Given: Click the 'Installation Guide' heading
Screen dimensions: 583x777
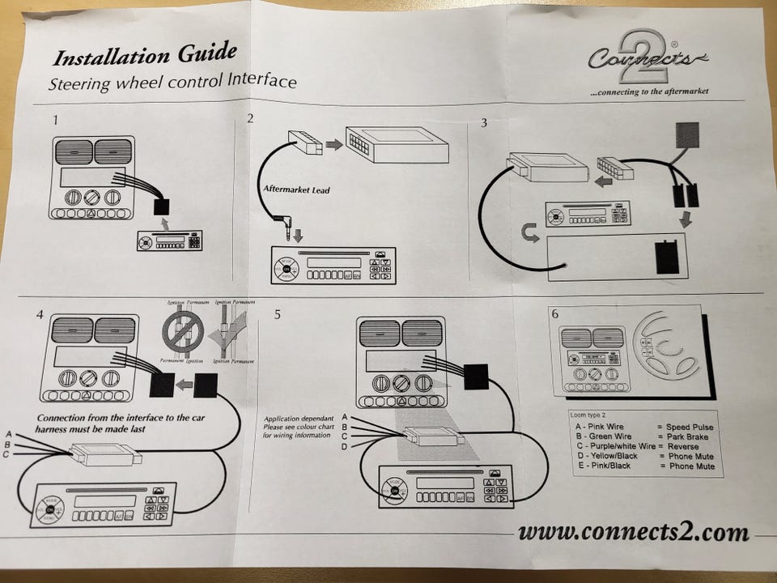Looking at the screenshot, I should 145,56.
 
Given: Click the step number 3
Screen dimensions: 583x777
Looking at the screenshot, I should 484,123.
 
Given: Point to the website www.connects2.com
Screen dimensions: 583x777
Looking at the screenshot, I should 633,532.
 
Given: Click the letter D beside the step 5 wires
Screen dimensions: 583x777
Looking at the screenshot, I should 345,447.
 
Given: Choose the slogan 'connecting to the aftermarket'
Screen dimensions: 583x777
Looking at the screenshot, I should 649,92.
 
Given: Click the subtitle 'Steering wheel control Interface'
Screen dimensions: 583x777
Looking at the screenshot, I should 172,82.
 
